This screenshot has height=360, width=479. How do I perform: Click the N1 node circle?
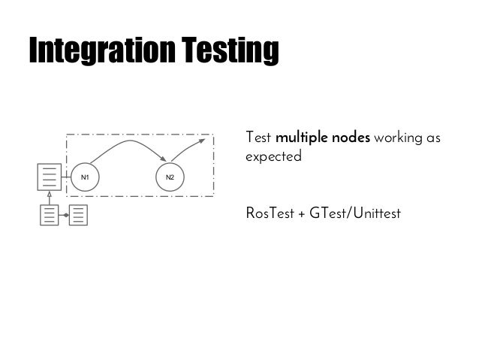coord(85,177)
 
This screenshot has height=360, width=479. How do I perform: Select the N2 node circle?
coord(170,177)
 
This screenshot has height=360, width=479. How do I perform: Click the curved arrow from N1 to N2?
coord(128,141)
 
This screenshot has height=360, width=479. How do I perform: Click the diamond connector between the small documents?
coord(65,215)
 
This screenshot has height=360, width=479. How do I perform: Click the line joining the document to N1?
coord(65,177)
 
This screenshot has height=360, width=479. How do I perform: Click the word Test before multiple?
coord(258,139)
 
